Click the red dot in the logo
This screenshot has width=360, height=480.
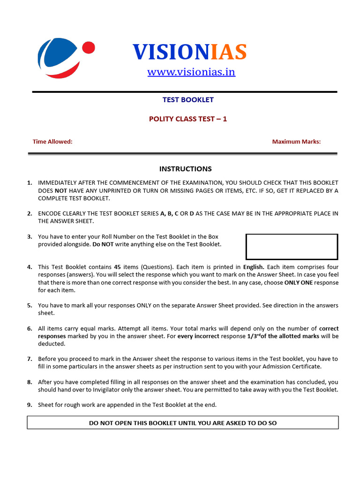click(x=89, y=48)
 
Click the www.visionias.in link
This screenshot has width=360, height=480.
click(x=191, y=72)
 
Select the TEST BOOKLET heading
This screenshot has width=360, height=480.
click(x=188, y=100)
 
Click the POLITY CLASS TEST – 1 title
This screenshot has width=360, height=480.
click(x=188, y=119)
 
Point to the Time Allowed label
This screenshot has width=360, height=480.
click(x=52, y=142)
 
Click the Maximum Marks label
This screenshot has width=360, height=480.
click(x=296, y=142)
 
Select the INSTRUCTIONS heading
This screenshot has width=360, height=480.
click(x=185, y=169)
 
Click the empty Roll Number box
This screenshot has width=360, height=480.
click(x=292, y=247)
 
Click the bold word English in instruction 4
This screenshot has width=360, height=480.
click(x=254, y=267)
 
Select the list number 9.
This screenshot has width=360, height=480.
click(x=30, y=405)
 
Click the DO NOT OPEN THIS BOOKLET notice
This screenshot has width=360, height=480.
click(x=183, y=423)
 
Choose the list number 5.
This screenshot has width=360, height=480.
click(x=30, y=306)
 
